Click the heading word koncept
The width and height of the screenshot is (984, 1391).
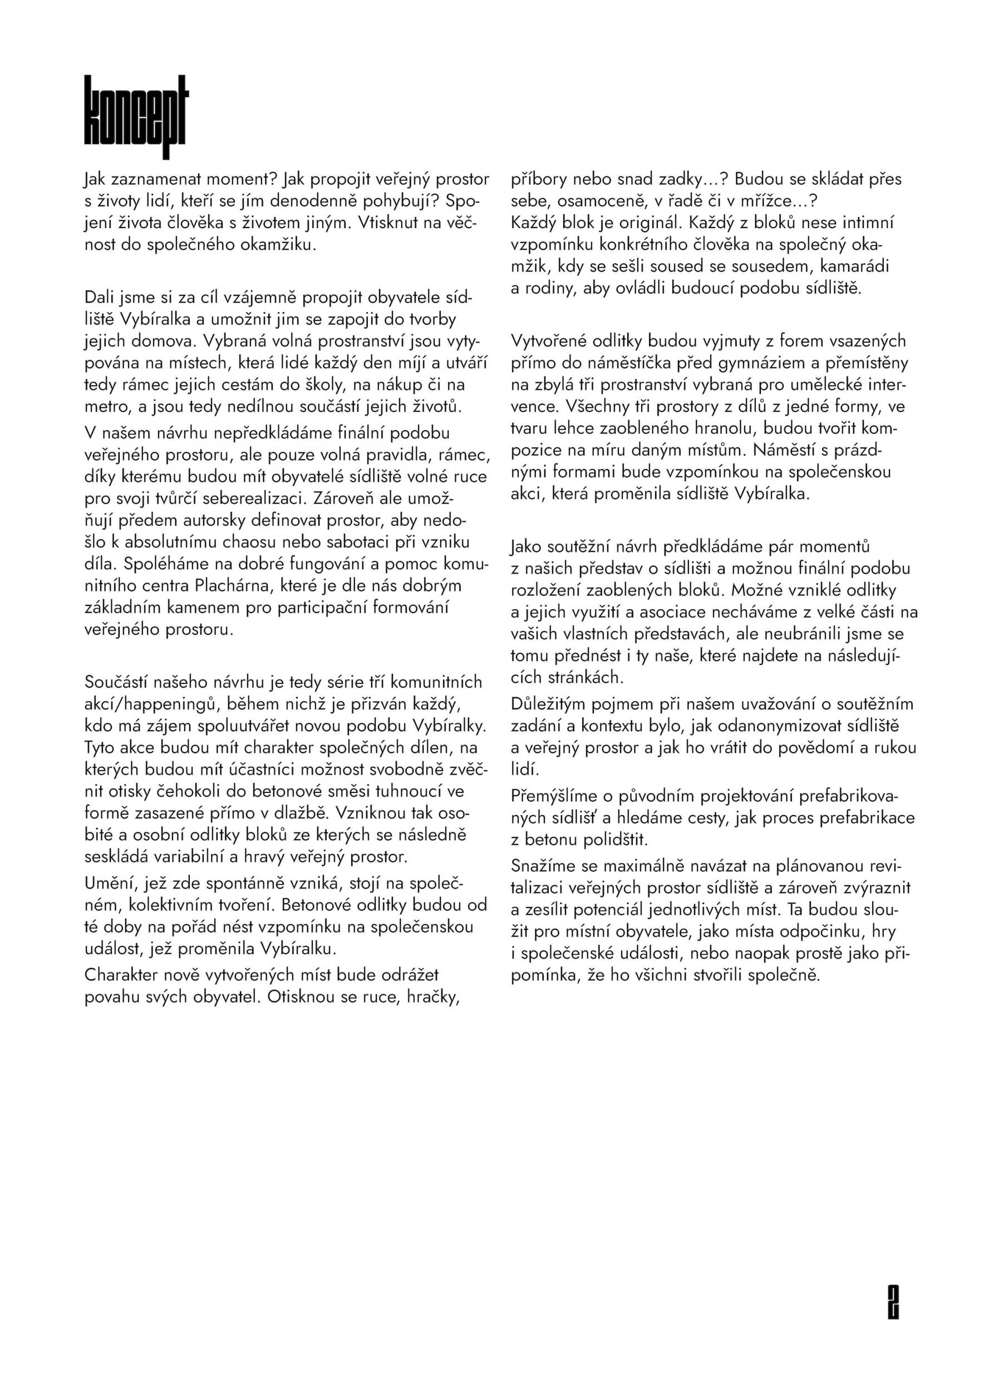pos(136,116)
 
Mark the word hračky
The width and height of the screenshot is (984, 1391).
pos(432,997)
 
